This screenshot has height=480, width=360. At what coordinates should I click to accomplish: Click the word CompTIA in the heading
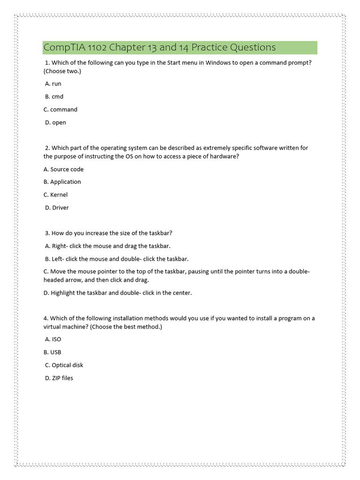pyautogui.click(x=60, y=47)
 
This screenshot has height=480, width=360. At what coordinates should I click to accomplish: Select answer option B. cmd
pyautogui.click(x=54, y=97)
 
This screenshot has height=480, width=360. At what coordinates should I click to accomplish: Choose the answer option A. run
pyautogui.click(x=53, y=83)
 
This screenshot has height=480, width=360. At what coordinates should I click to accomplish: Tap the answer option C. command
pyautogui.click(x=60, y=109)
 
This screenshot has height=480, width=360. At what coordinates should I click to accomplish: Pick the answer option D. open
pyautogui.click(x=55, y=122)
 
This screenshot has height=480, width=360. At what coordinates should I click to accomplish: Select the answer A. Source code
pyautogui.click(x=63, y=169)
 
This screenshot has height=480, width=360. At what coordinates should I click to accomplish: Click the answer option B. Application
pyautogui.click(x=62, y=182)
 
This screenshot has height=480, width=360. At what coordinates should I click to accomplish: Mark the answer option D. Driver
pyautogui.click(x=57, y=208)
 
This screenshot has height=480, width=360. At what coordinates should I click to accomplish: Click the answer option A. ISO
pyautogui.click(x=53, y=339)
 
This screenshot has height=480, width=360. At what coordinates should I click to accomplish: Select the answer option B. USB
pyautogui.click(x=52, y=352)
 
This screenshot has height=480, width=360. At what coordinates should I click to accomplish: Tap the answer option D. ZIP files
pyautogui.click(x=59, y=378)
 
